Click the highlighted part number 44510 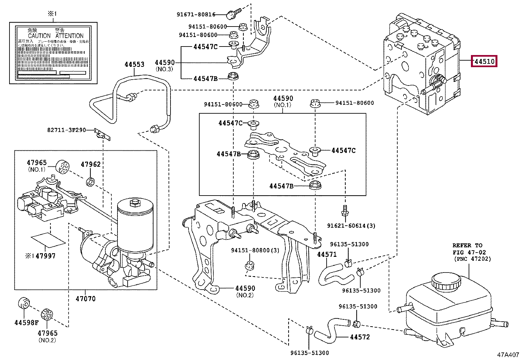[484, 61]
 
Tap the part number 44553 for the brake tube [134, 64]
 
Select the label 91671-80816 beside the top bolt [196, 14]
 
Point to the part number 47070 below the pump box [85, 298]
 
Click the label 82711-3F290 [66, 130]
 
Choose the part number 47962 [91, 164]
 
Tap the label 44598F [27, 323]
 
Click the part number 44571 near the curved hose [327, 254]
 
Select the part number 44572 [360, 337]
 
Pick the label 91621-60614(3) [351, 225]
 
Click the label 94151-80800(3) [255, 250]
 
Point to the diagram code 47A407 [508, 354]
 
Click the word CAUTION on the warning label [39, 36]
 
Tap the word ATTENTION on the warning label [69, 36]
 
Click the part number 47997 [45, 256]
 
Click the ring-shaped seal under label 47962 [91, 181]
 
